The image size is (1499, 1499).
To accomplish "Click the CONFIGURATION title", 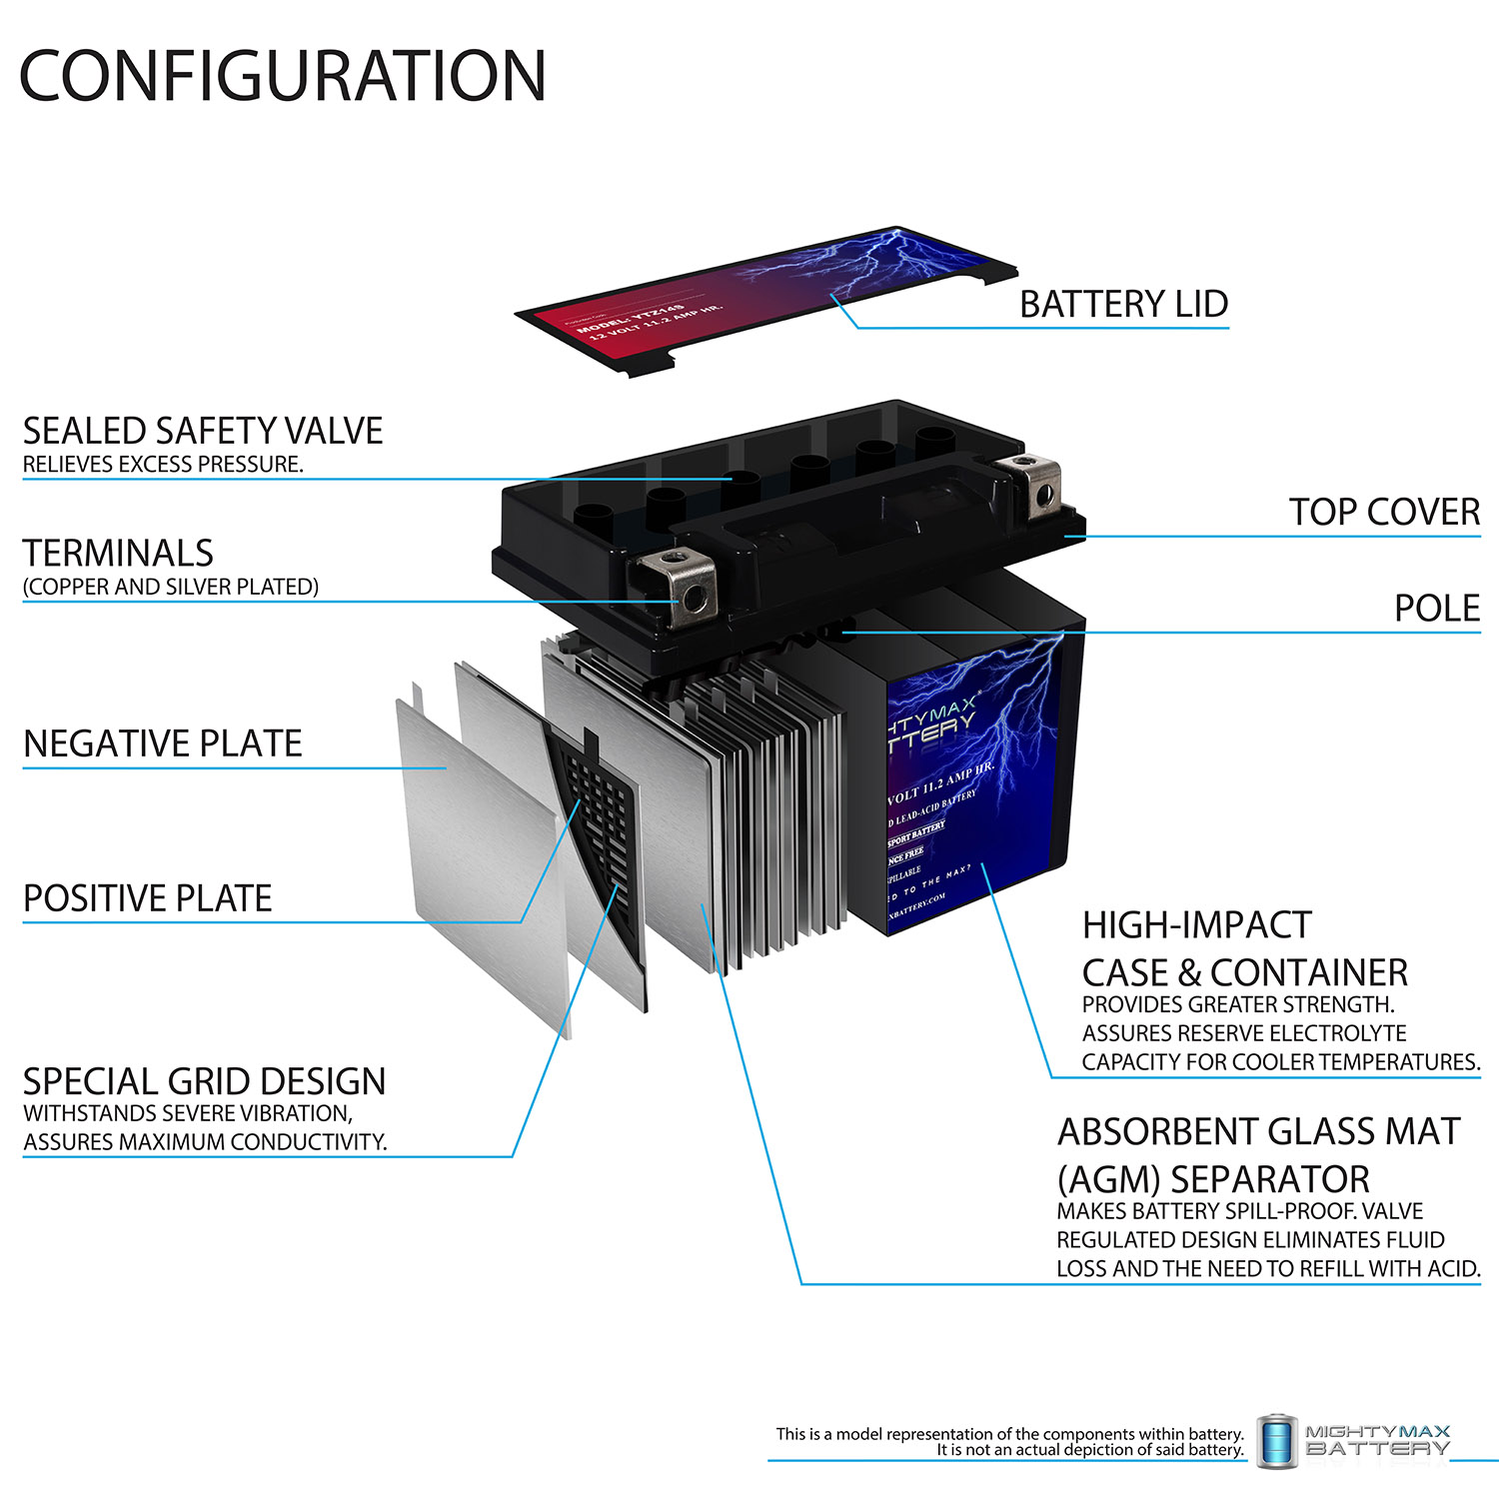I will click(283, 76).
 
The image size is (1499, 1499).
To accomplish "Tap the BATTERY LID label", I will click(1123, 304).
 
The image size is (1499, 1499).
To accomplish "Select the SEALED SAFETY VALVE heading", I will click(203, 431).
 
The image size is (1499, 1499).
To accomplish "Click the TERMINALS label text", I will click(118, 553).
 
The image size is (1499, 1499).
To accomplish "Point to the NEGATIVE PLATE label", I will click(162, 744).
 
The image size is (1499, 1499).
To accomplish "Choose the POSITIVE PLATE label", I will click(147, 898).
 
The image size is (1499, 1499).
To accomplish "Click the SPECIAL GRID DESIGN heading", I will click(204, 1081).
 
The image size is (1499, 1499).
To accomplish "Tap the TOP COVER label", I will click(1383, 512).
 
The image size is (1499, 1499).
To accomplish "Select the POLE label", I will click(1436, 608).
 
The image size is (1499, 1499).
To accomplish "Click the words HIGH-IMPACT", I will click(1196, 925).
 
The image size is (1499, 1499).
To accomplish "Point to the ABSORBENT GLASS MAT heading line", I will click(1258, 1131).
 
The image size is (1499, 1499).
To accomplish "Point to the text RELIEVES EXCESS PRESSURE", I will click(163, 464).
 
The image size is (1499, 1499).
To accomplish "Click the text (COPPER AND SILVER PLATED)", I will click(170, 587).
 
